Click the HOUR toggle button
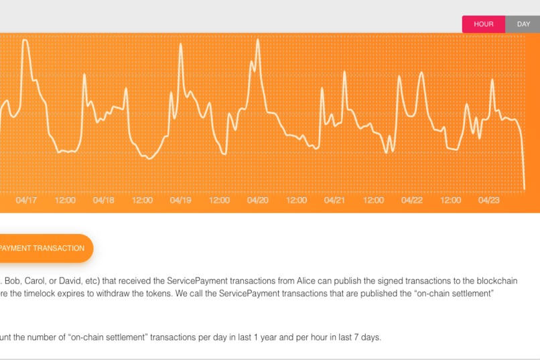(483, 24)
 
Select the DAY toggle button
(523, 24)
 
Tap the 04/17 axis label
(27, 200)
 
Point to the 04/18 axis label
(104, 200)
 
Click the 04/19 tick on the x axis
(181, 200)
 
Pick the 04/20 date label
(258, 200)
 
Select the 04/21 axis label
(334, 200)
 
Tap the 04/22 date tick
(412, 200)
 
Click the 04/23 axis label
(489, 200)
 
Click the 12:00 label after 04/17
(65, 200)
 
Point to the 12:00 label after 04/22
(451, 200)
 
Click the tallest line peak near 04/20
(258, 40)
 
